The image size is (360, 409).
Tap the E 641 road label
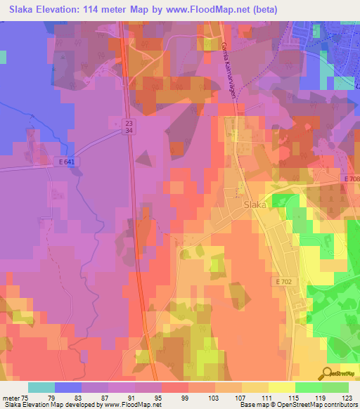click(67, 162)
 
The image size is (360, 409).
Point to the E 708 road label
click(352, 179)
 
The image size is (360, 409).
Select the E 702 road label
click(283, 281)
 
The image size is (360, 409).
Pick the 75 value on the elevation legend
click(27, 398)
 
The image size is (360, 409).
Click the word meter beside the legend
click(11, 398)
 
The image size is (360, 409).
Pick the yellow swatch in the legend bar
click(281, 387)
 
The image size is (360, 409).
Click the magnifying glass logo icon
click(328, 373)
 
